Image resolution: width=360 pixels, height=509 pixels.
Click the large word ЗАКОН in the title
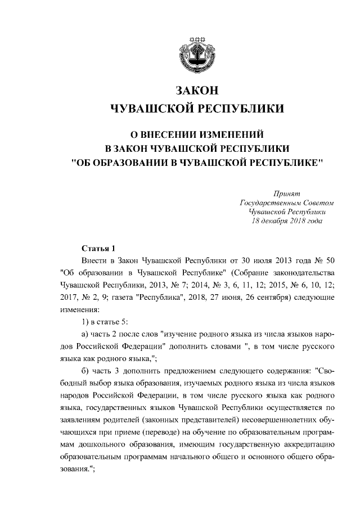click(196, 91)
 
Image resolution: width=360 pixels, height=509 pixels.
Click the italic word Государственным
click(266, 202)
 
